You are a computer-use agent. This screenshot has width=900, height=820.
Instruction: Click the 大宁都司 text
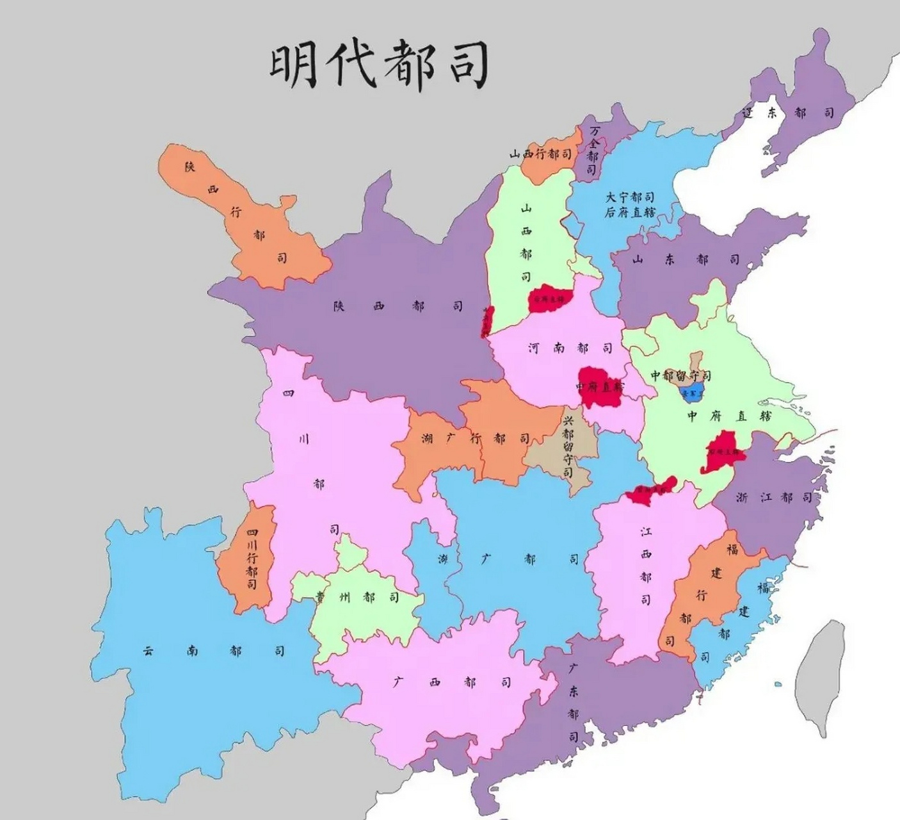630,197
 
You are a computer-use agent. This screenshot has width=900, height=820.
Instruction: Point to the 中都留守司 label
680,375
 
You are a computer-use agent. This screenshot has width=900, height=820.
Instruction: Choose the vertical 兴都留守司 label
567,446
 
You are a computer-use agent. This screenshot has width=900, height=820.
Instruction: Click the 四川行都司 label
252,559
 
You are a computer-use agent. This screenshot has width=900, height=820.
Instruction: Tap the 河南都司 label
570,348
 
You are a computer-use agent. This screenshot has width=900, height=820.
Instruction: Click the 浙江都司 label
773,497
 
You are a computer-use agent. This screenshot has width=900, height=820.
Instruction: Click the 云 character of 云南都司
148,651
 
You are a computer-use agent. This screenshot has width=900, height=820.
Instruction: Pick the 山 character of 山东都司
638,260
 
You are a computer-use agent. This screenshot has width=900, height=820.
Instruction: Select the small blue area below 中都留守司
693,393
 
